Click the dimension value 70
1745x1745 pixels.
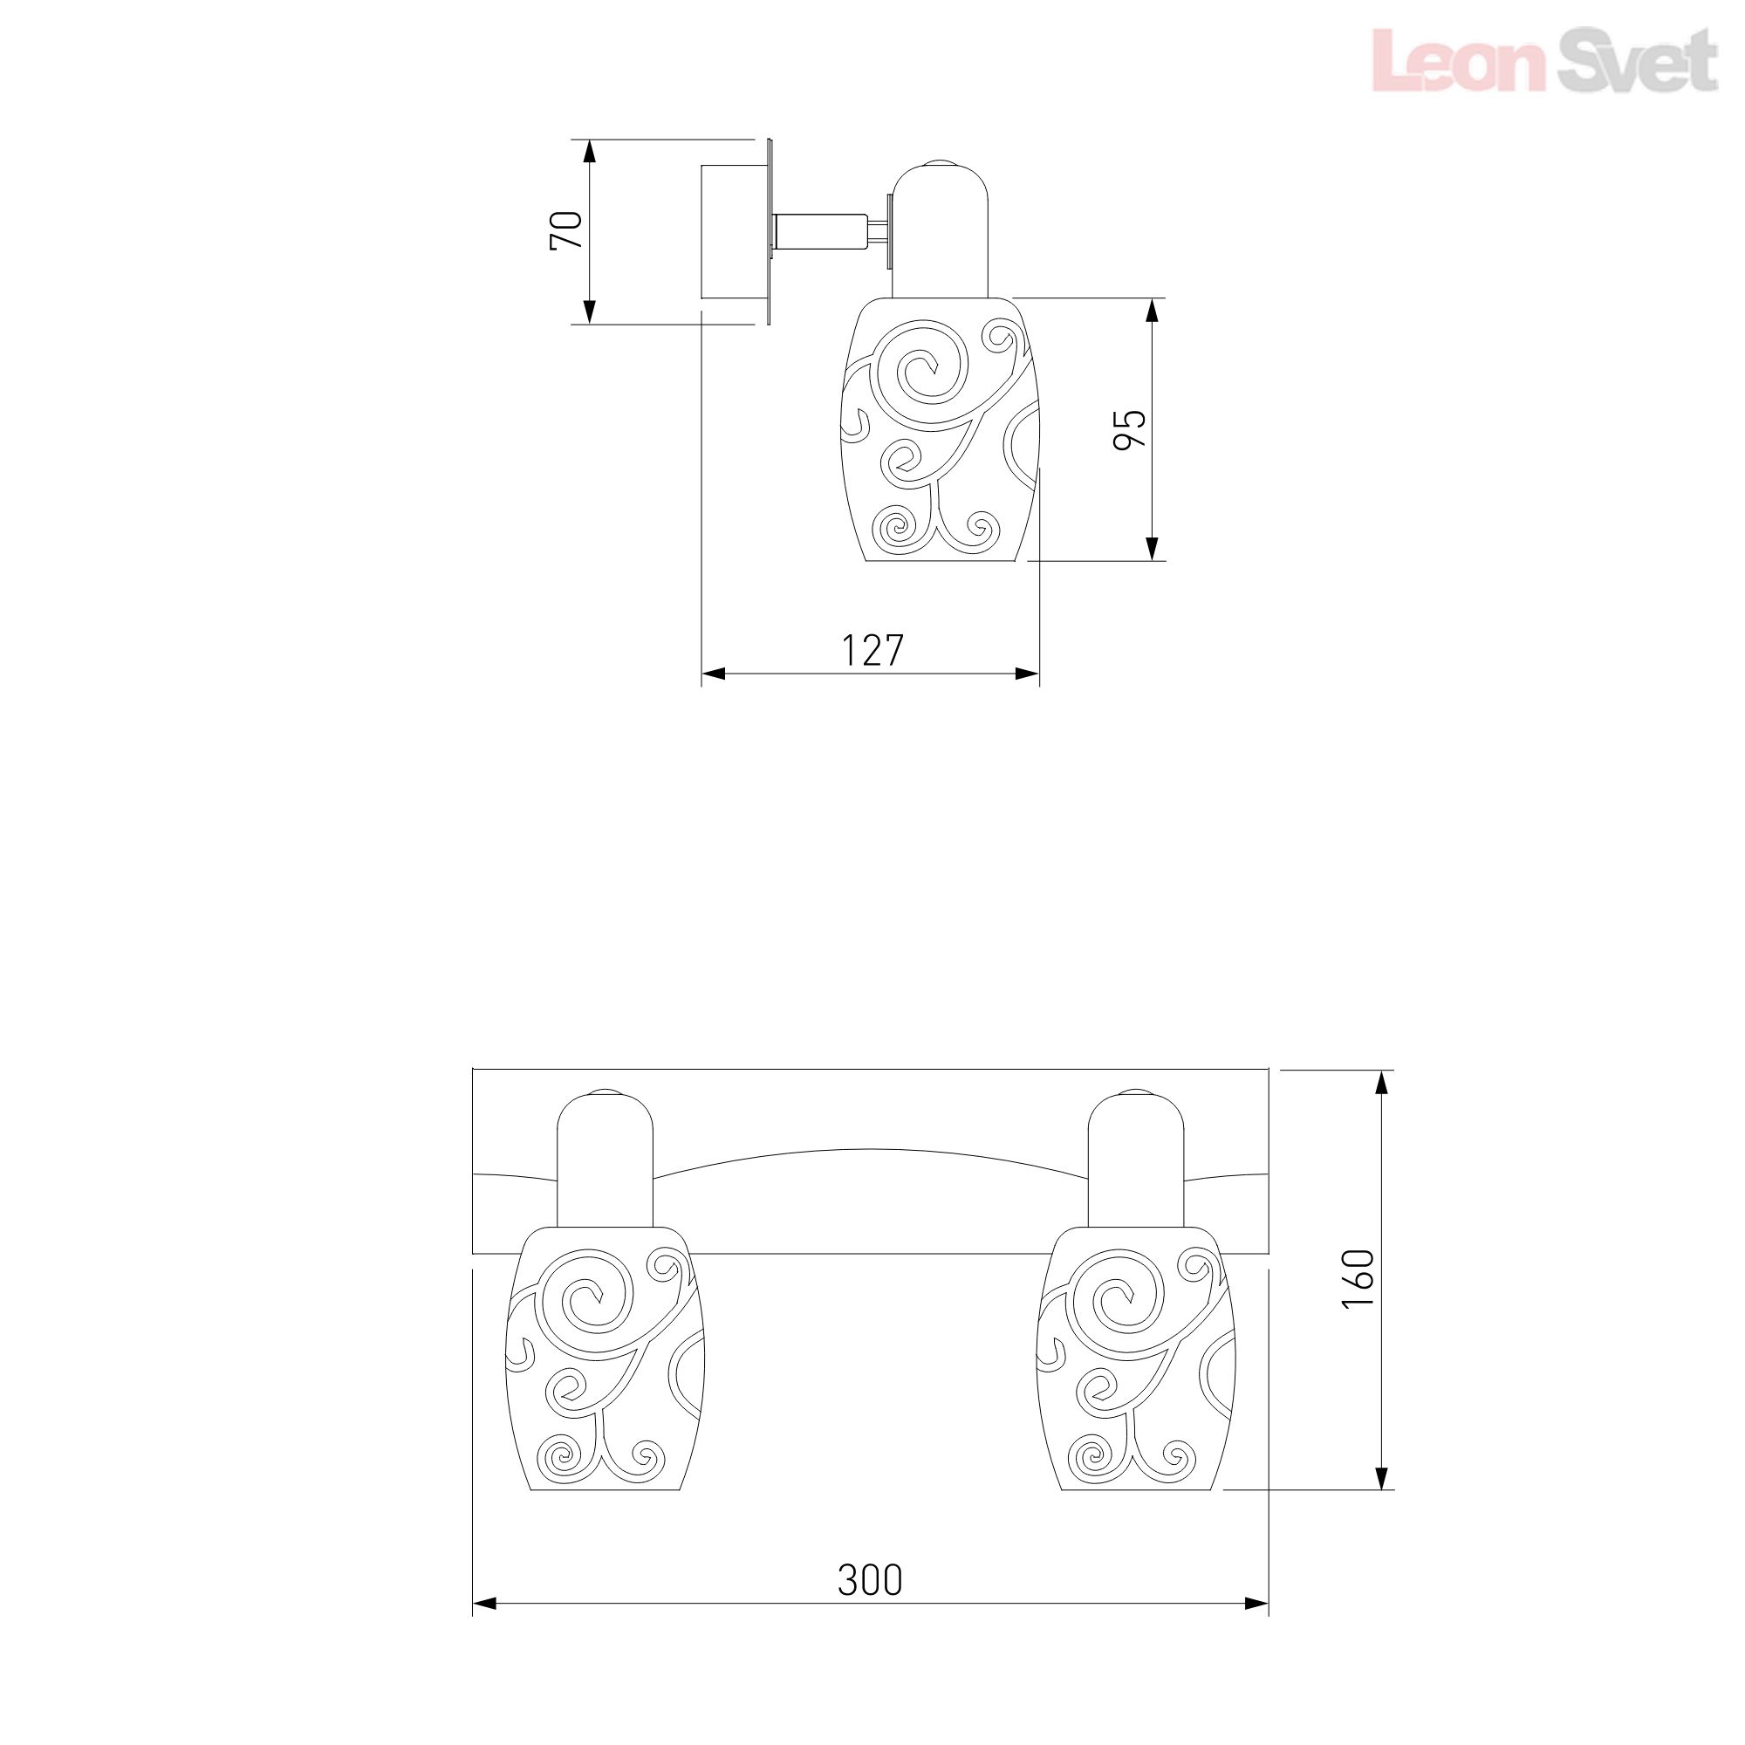point(566,230)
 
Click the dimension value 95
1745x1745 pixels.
point(1129,429)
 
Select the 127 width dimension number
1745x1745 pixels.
point(872,650)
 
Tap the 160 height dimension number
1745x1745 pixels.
point(1358,1278)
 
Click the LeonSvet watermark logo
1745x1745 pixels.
point(1544,59)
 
